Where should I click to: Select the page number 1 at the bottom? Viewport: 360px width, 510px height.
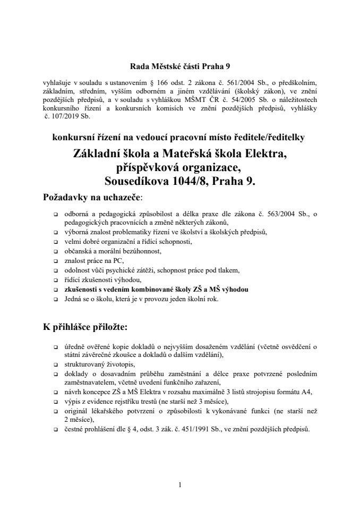pyautogui.click(x=180, y=484)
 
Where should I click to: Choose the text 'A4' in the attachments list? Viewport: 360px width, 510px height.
pyautogui.click(x=307, y=392)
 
